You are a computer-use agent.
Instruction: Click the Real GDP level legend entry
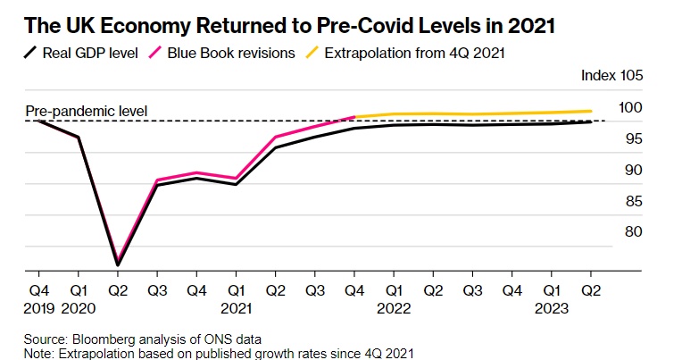(x=79, y=53)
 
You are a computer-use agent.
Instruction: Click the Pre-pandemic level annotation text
(x=86, y=112)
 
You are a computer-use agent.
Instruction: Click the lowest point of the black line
(x=118, y=264)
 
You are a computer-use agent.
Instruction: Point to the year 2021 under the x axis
(x=236, y=306)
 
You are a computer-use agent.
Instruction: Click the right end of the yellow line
(x=590, y=111)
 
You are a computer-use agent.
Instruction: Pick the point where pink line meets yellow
(x=354, y=117)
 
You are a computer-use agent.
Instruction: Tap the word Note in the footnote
(x=39, y=353)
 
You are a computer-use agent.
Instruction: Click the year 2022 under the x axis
(x=393, y=306)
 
